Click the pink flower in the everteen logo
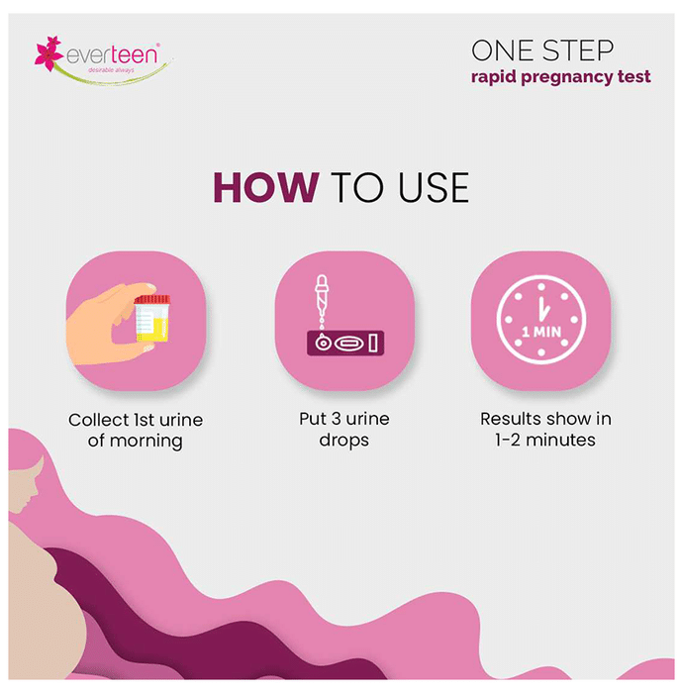[49, 53]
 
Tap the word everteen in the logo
[112, 54]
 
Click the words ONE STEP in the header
[542, 50]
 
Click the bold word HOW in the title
[266, 187]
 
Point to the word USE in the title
[434, 187]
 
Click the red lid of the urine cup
[152, 299]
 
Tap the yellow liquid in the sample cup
[154, 330]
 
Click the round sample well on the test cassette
[323, 343]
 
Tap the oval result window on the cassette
[349, 343]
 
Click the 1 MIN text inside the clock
[541, 332]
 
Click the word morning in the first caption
[146, 442]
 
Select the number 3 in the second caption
[337, 419]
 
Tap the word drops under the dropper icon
[344, 441]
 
